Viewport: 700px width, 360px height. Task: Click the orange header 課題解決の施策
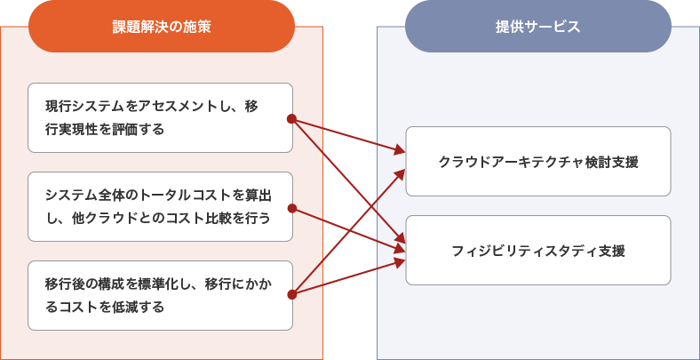coord(161,27)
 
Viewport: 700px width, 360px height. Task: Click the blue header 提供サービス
coord(537,27)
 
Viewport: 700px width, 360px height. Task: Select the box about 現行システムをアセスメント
coord(160,117)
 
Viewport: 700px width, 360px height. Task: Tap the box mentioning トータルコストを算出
coord(160,206)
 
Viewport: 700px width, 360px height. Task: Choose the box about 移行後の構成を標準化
coord(160,295)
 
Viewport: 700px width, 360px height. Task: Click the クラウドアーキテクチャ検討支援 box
coord(537,161)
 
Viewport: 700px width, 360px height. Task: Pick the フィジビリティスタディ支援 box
coord(537,250)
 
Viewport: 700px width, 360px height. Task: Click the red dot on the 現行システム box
coord(291,118)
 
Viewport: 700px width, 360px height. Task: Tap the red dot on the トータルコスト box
coord(291,209)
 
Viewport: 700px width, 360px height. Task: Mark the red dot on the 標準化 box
coord(291,294)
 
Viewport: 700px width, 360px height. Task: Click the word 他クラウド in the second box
coord(99,218)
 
